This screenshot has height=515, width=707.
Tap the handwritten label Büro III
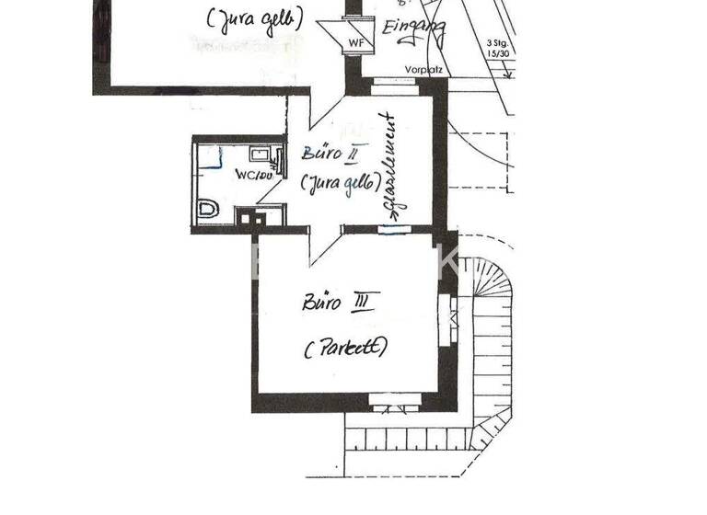coord(340,302)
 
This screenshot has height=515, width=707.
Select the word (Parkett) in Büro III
coord(344,348)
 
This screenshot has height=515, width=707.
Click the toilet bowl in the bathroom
coord(209,211)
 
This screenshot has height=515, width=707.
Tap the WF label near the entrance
coord(355,43)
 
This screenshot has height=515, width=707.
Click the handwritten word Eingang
coord(413,31)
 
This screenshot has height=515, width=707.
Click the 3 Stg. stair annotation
coord(497,42)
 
